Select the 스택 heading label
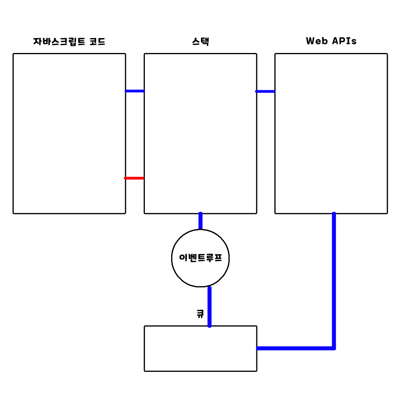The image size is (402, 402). click(200, 41)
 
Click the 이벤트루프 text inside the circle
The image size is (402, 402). click(200, 258)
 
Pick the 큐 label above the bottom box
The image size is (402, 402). click(200, 314)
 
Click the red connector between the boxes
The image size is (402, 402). click(134, 178)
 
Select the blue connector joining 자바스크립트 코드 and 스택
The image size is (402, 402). click(135, 91)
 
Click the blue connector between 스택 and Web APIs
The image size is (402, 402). click(265, 91)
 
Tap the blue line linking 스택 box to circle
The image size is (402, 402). click(201, 221)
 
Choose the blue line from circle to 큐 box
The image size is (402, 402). click(209, 306)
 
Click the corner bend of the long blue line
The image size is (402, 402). click(334, 348)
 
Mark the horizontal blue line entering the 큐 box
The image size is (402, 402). click(294, 348)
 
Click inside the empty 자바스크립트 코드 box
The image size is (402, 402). click(69, 133)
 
